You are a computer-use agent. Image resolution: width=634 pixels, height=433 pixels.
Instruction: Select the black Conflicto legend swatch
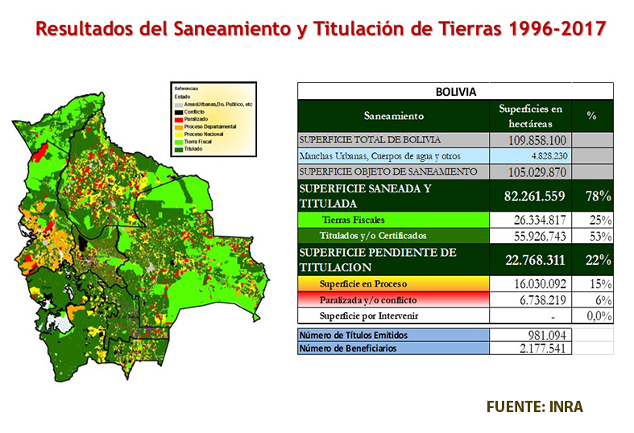tap(179, 110)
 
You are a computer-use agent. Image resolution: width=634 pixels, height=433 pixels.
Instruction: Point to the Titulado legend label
tap(193, 149)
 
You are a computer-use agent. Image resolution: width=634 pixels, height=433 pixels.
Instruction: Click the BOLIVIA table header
tap(456, 93)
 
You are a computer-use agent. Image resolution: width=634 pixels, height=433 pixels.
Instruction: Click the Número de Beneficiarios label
tap(350, 348)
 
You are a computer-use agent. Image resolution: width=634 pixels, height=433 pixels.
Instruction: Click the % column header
tap(591, 116)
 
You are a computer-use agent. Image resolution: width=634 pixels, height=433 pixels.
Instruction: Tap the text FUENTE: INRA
tap(534, 406)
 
